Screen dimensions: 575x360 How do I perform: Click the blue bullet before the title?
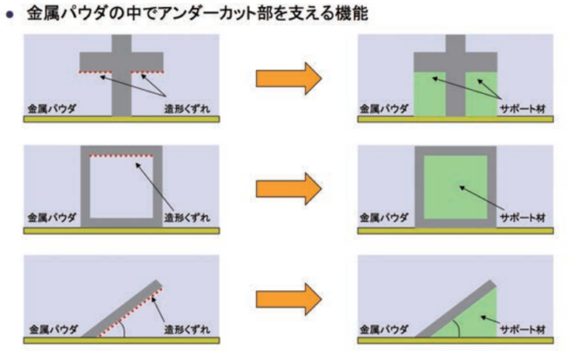[10, 15]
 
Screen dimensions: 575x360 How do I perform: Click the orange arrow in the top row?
[289, 78]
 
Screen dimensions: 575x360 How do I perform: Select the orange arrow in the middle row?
[289, 189]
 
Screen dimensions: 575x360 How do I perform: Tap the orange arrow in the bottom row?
[289, 299]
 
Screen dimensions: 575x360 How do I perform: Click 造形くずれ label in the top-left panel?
[187, 109]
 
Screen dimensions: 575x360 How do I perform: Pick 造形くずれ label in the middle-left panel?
[187, 218]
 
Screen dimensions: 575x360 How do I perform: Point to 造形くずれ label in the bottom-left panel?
[187, 329]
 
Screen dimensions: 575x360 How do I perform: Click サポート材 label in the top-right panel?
[523, 109]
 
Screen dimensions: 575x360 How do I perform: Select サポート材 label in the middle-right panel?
[523, 218]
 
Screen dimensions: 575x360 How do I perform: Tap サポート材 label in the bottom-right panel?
[523, 329]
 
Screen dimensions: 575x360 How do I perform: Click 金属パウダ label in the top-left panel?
[51, 109]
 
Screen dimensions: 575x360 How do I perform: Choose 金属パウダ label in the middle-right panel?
[383, 218]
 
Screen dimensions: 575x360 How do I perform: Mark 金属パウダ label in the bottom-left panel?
[53, 329]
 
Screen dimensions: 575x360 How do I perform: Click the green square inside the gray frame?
[456, 187]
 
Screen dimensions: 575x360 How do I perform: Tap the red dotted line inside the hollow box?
[121, 156]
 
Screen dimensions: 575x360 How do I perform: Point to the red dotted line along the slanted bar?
[131, 312]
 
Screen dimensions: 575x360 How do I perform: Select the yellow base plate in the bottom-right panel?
[456, 341]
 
